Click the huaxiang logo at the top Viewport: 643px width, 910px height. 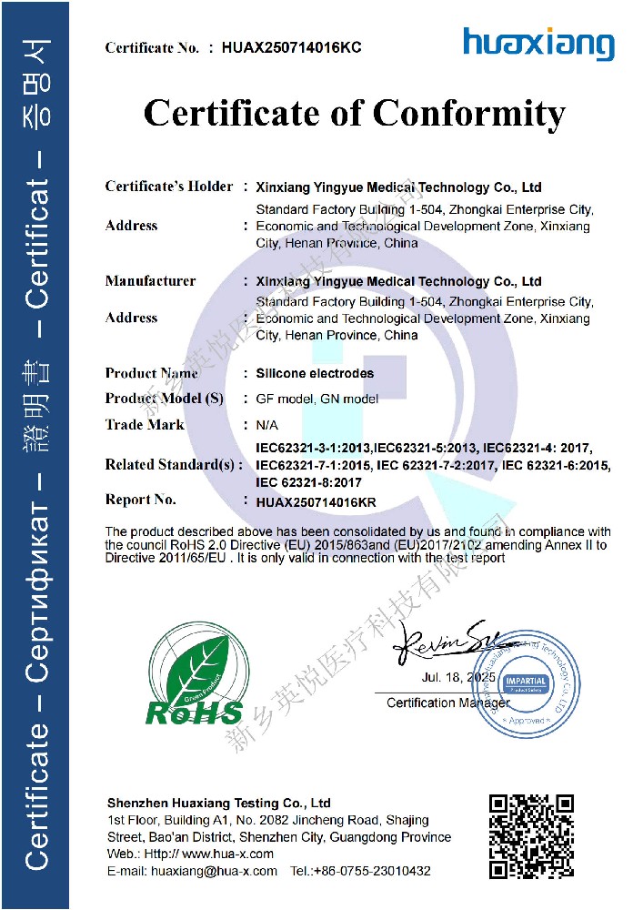coord(538,44)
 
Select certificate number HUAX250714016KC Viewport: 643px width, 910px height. coord(291,48)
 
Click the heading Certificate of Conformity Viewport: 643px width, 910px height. coord(355,114)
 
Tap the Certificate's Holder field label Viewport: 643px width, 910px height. coord(169,187)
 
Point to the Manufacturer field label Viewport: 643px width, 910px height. coord(150,280)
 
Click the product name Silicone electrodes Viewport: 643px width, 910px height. coord(315,373)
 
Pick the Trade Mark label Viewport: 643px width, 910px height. coord(145,424)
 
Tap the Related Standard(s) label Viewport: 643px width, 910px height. coord(174,464)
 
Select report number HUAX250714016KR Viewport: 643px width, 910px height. coord(316,501)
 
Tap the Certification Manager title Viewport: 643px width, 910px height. coord(447,703)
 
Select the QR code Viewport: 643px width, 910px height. coord(531,836)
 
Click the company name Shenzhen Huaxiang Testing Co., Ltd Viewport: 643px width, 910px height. coord(219,804)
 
